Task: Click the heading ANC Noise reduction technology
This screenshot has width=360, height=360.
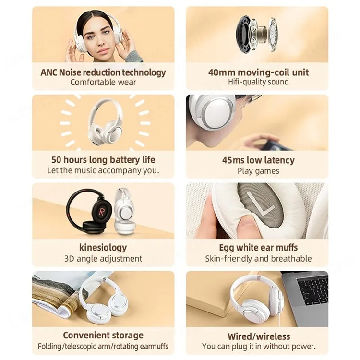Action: (103, 72)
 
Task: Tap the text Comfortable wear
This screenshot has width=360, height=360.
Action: (103, 83)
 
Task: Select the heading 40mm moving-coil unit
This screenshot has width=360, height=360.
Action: (258, 72)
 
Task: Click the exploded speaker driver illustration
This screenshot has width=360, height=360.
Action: (257, 34)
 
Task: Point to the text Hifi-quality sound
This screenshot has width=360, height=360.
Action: (258, 83)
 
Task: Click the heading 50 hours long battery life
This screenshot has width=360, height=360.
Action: (103, 160)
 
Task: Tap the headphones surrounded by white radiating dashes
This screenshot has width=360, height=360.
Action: (105, 122)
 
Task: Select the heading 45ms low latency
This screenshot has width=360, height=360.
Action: (258, 160)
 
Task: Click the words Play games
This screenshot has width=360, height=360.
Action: (258, 170)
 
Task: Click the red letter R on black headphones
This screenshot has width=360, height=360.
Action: (102, 211)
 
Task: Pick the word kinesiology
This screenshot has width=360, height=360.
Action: (103, 248)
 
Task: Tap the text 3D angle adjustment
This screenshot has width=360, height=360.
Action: (103, 258)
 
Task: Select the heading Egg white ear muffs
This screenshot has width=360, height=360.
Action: (258, 248)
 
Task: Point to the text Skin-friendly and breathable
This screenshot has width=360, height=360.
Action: (258, 258)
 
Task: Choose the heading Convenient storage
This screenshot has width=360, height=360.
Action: (103, 336)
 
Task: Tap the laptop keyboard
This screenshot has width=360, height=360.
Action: (312, 291)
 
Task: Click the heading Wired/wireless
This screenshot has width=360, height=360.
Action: (258, 336)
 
